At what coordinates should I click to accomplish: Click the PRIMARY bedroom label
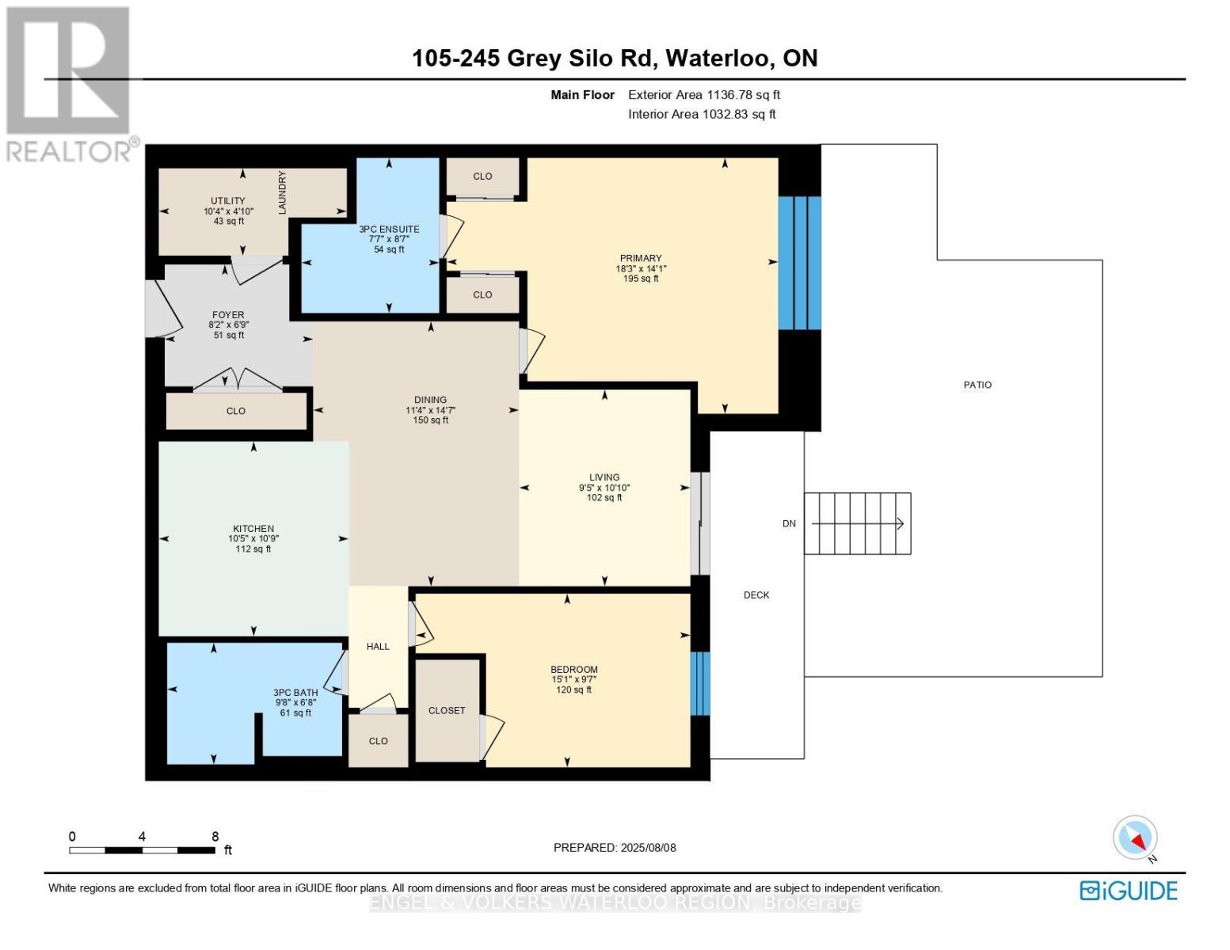click(x=640, y=258)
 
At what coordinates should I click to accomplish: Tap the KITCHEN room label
click(x=253, y=529)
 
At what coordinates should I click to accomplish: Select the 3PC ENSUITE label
click(x=390, y=229)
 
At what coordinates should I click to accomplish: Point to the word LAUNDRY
click(x=282, y=192)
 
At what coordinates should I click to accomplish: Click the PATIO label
click(x=977, y=385)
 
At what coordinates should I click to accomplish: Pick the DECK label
click(x=756, y=595)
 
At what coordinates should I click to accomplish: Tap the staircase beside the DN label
click(x=858, y=523)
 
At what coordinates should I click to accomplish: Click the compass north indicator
click(x=1136, y=838)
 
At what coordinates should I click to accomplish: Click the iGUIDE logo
click(x=1129, y=891)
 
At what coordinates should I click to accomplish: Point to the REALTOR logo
click(x=71, y=85)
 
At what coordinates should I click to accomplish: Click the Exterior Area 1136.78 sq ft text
click(x=704, y=95)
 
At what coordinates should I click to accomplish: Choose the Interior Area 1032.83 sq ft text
click(x=702, y=114)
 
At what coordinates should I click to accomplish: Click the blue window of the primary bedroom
click(x=800, y=263)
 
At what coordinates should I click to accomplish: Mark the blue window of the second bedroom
click(x=700, y=683)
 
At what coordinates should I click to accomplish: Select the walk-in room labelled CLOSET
click(x=447, y=711)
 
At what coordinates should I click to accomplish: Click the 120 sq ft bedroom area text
click(x=574, y=690)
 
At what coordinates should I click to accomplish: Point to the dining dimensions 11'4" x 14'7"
click(x=430, y=410)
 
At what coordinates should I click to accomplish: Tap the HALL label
click(x=378, y=646)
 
